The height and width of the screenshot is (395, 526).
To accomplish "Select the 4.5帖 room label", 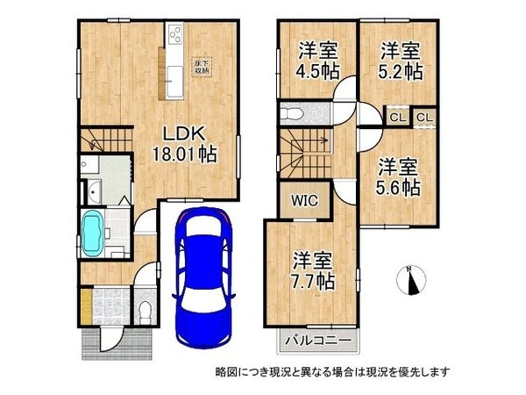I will click(x=316, y=61).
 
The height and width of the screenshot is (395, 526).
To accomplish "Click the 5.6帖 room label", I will click(x=399, y=175).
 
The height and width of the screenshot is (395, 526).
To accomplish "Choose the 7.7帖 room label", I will click(x=313, y=271).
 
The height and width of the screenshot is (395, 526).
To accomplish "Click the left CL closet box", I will click(x=397, y=117).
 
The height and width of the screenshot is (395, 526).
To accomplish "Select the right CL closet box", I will click(x=424, y=117).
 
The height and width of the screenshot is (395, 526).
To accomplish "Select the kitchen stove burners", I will click(x=174, y=36).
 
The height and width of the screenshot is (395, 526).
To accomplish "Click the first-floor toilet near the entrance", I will click(x=145, y=310).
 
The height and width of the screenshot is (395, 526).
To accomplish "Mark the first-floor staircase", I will click(x=103, y=140).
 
